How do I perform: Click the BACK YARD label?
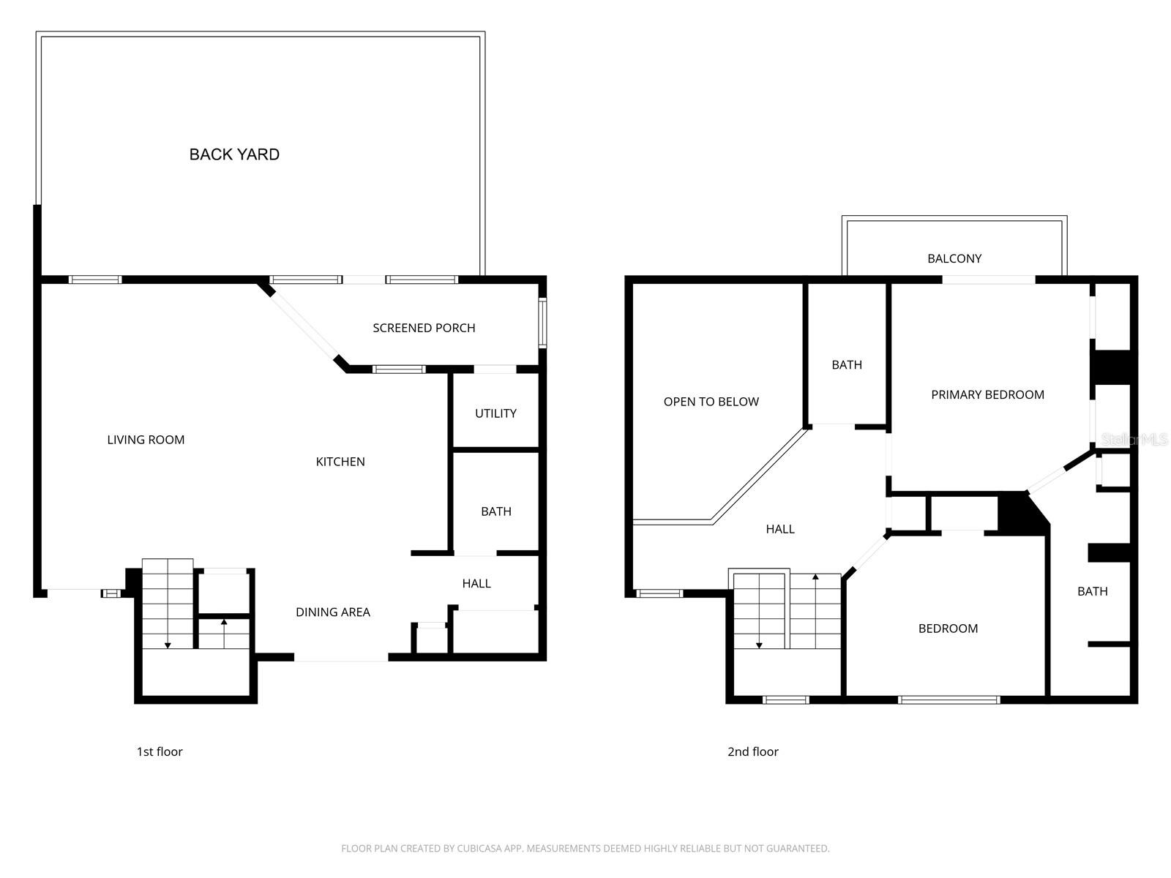coord(234,154)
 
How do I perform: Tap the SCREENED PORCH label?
coord(424,328)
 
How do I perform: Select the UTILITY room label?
coord(495,413)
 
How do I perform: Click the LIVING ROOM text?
coord(146,440)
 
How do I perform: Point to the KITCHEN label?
coord(340,462)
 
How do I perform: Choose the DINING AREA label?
coord(333,612)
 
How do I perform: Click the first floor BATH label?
coord(495,511)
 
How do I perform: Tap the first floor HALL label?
coord(476,583)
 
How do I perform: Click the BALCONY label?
coord(954,258)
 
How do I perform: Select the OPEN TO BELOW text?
coord(711,402)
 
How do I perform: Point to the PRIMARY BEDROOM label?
coord(987,395)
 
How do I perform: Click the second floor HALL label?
coord(780,529)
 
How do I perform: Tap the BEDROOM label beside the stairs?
coord(948,629)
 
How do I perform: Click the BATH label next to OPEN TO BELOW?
coord(847,365)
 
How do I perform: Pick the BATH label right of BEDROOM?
coord(1092,591)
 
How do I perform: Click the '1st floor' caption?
coord(160,751)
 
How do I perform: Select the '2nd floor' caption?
coord(752,751)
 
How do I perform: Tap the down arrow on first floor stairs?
coord(168,644)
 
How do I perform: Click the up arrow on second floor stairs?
coord(815,578)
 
